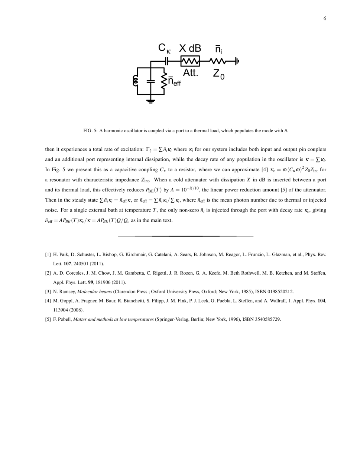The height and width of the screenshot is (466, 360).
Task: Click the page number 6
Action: (x=325, y=19)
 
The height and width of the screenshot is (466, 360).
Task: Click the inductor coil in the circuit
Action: (x=135, y=81)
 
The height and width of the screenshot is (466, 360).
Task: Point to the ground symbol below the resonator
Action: (x=150, y=101)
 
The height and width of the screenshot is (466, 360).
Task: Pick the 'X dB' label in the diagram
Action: (x=190, y=48)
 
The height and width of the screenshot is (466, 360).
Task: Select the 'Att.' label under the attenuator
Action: (x=191, y=73)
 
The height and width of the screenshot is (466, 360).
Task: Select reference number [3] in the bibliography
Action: (x=48, y=291)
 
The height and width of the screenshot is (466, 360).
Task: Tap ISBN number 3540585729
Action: (x=267, y=319)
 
